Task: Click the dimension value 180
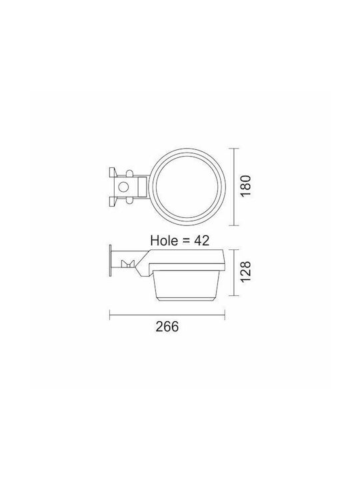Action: pos(245,186)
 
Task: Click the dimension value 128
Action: pos(245,272)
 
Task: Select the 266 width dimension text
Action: pos(167,327)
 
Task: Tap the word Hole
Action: pos(164,240)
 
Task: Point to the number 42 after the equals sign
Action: pos(202,241)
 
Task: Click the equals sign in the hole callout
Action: pos(186,241)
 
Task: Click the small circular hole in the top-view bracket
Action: pos(123,187)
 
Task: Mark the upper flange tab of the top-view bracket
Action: pos(113,172)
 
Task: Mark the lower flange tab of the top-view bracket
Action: pos(113,201)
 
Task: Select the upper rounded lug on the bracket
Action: pos(130,173)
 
